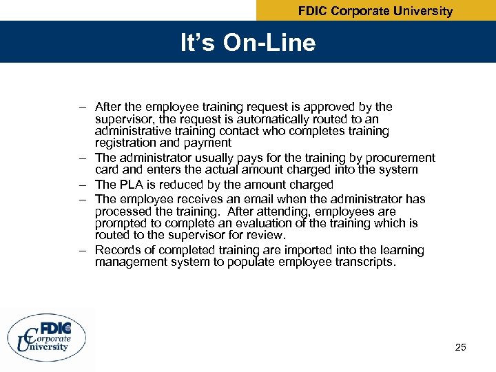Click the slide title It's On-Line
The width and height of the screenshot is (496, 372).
(x=248, y=43)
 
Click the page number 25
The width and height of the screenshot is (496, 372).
(x=461, y=347)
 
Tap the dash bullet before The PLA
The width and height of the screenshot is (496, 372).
(x=82, y=185)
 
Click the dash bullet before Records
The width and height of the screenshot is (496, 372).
(x=82, y=250)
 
